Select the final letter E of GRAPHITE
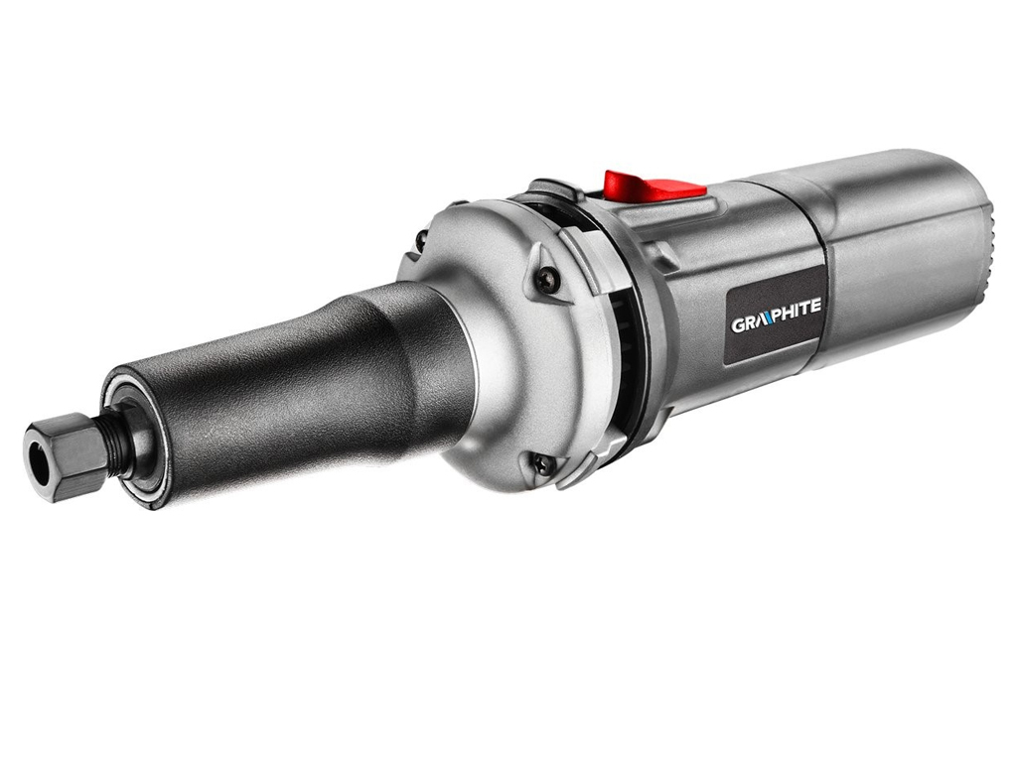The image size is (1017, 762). (815, 306)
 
